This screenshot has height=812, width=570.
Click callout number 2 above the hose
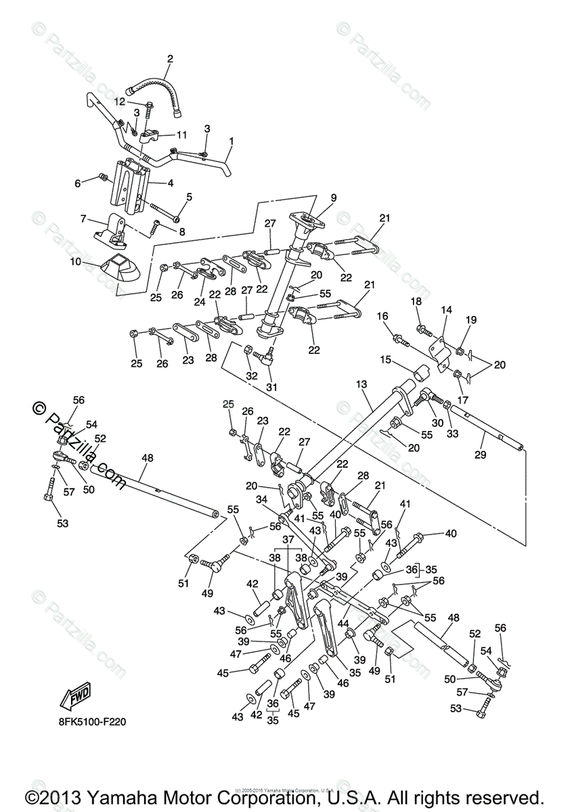point(170,59)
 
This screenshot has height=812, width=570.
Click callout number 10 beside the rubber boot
point(75,261)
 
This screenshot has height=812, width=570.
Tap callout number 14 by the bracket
point(446,310)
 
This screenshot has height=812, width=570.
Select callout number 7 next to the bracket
point(83,219)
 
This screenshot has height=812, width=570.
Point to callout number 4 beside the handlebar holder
point(170,183)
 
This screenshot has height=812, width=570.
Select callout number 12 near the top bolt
point(120,101)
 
